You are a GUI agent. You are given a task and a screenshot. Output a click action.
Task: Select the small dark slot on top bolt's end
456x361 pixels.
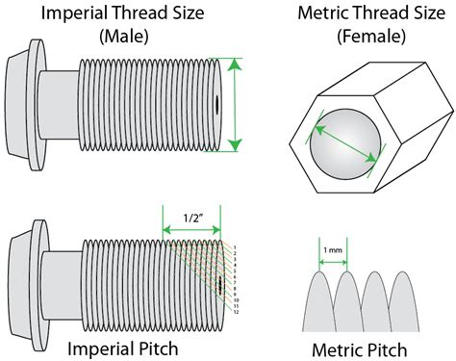click(x=219, y=103)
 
